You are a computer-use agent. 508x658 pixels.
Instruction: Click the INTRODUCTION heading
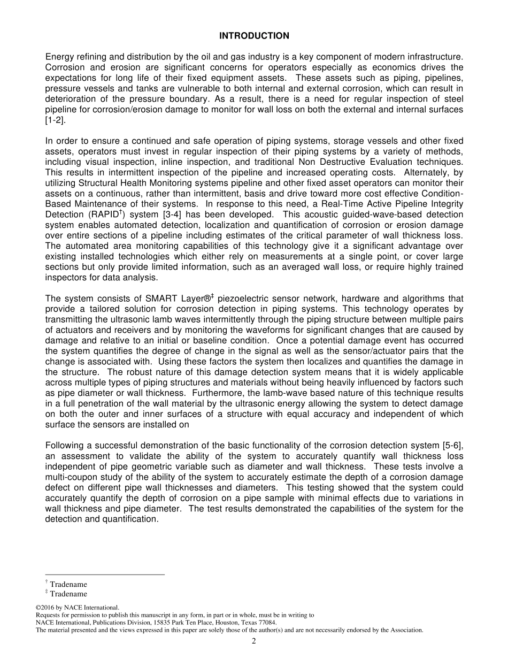click(x=254, y=36)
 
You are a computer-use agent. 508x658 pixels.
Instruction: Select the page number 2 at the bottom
click(x=254, y=641)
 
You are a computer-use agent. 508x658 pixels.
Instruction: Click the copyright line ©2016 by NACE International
click(x=77, y=608)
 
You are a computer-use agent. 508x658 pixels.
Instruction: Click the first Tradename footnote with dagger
click(x=67, y=585)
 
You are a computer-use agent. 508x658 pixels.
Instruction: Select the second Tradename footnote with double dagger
click(x=67, y=594)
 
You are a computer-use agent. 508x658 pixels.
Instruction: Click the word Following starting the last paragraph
click(x=65, y=446)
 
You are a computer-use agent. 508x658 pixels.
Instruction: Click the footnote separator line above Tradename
click(x=105, y=575)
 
